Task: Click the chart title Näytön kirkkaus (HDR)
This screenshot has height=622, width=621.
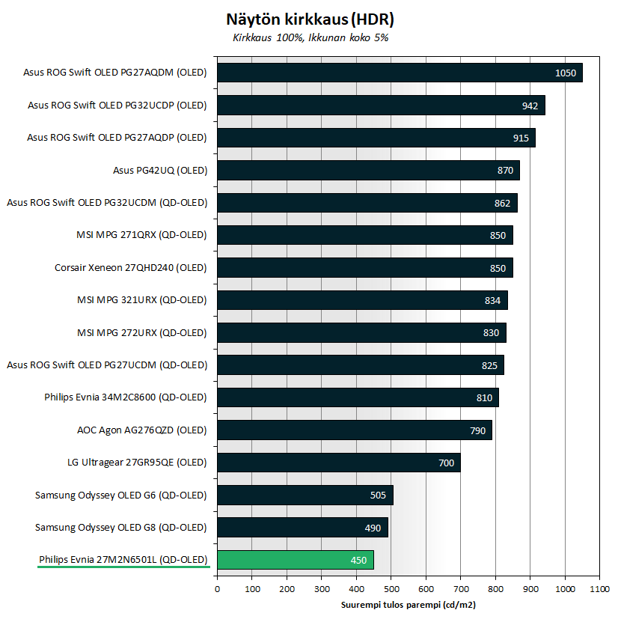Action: [310, 18]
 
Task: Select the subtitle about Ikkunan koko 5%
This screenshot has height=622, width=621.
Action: [310, 37]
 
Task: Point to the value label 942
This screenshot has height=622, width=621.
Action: [530, 106]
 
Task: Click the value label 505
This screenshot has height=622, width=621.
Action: [378, 495]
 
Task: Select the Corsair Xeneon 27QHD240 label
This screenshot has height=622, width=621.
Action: [131, 267]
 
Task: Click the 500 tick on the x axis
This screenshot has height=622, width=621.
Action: [391, 589]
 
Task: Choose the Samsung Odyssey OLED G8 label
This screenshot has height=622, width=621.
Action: [121, 527]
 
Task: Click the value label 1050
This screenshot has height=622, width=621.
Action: [566, 73]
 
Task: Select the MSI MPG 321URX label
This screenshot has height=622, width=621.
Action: [142, 300]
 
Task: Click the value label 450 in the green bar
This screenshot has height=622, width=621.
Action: [358, 560]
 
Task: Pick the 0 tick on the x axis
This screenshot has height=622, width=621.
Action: [218, 589]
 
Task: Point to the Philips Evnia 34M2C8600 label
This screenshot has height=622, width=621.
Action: [126, 397]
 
